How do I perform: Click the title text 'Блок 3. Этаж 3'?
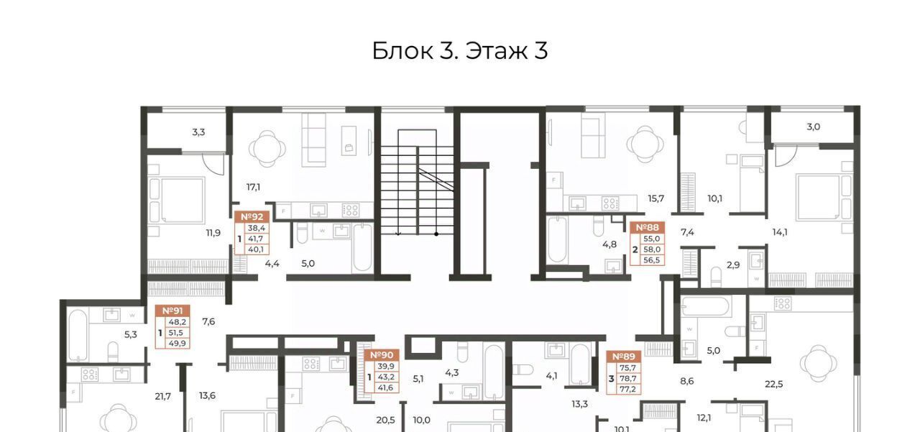pyautogui.click(x=459, y=51)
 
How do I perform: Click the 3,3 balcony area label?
pyautogui.click(x=198, y=132)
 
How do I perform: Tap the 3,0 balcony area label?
pyautogui.click(x=813, y=127)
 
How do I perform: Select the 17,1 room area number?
pyautogui.click(x=253, y=188)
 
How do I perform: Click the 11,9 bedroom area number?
pyautogui.click(x=213, y=233)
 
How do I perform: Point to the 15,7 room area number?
pyautogui.click(x=656, y=199)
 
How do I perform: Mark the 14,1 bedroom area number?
pyautogui.click(x=780, y=232)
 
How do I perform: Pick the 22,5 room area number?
pyautogui.click(x=774, y=385)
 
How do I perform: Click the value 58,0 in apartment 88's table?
pyautogui.click(x=652, y=249)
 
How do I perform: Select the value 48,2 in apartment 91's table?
pyautogui.click(x=177, y=322)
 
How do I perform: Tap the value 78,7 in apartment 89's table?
pyautogui.click(x=628, y=379)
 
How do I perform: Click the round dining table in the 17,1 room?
pyautogui.click(x=267, y=148)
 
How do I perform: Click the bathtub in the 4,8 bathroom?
pyautogui.click(x=557, y=240)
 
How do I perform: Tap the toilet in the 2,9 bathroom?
pyautogui.click(x=716, y=277)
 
